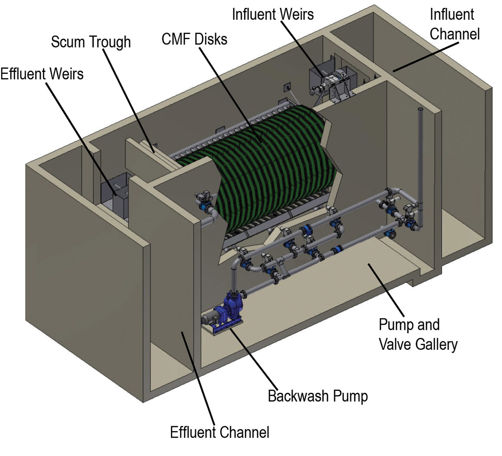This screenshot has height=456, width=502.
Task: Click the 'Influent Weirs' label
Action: click(x=273, y=14)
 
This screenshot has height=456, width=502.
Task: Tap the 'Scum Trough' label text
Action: click(x=91, y=42)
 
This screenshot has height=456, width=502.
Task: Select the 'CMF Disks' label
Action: click(x=194, y=39)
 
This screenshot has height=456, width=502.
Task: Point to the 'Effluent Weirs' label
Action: click(x=42, y=74)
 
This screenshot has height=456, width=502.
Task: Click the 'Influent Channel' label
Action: click(x=454, y=24)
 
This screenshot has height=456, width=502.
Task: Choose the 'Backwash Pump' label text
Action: click(x=318, y=396)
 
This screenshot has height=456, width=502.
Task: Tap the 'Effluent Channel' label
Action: click(x=219, y=432)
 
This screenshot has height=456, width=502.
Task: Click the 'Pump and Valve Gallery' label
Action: click(x=418, y=334)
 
